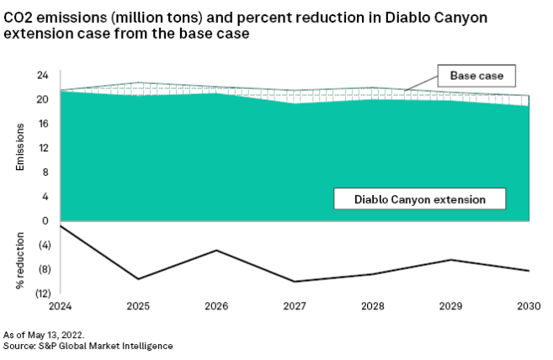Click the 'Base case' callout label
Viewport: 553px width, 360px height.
pos(476,76)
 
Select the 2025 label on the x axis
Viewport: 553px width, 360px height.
pos(138,305)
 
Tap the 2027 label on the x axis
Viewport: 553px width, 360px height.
pos(295,305)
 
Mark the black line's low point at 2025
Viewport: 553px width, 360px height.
pos(138,278)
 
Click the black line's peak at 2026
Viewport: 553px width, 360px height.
pos(216,250)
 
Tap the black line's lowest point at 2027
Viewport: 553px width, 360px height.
pos(295,282)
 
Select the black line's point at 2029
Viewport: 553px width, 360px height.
pos(451,260)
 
